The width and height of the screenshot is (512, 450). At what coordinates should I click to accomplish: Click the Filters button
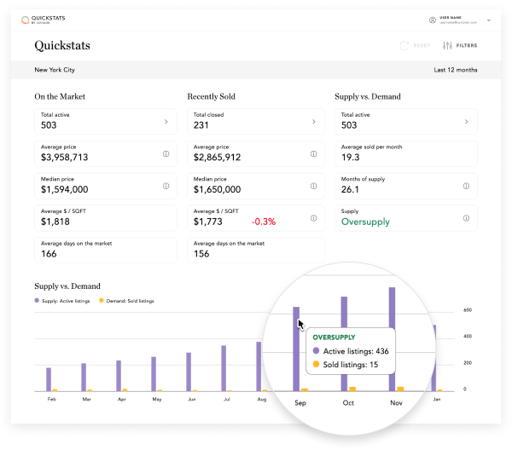460,45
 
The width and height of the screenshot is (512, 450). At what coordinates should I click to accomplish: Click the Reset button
416,45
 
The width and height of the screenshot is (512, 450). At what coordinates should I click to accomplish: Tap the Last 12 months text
455,70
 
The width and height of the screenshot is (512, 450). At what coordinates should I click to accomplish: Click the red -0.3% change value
263,222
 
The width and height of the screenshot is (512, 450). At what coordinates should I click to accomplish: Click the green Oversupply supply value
365,222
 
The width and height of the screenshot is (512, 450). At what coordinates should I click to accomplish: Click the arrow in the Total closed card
314,122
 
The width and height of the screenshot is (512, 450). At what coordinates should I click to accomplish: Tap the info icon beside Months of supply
466,186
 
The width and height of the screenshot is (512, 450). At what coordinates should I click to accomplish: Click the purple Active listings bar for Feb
49,379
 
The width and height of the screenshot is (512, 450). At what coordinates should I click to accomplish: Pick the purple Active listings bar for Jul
224,368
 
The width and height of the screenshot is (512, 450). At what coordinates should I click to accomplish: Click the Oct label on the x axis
347,402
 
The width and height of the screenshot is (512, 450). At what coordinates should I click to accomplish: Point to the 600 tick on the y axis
468,310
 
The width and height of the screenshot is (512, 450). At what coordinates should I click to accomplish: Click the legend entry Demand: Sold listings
127,301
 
